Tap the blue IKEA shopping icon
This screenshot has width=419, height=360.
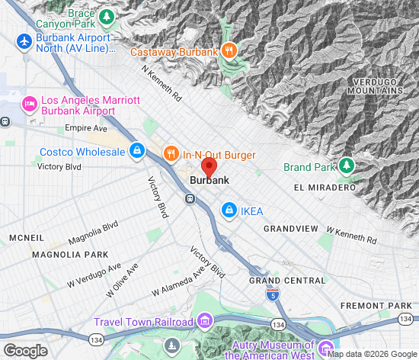(x=228, y=209)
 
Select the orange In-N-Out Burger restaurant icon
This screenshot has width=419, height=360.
(x=171, y=153)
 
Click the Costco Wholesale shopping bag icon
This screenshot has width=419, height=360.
(x=136, y=150)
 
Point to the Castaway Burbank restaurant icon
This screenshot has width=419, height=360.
(x=229, y=52)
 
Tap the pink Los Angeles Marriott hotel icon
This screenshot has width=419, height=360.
(x=30, y=103)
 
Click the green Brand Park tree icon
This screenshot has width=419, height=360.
(x=347, y=166)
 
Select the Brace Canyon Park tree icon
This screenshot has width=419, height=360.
(x=107, y=16)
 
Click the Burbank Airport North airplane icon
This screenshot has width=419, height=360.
(x=24, y=42)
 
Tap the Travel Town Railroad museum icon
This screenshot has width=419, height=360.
(x=204, y=321)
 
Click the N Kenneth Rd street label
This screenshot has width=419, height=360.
(x=162, y=83)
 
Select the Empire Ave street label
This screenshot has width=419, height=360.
(x=84, y=128)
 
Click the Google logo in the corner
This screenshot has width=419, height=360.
(x=25, y=351)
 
